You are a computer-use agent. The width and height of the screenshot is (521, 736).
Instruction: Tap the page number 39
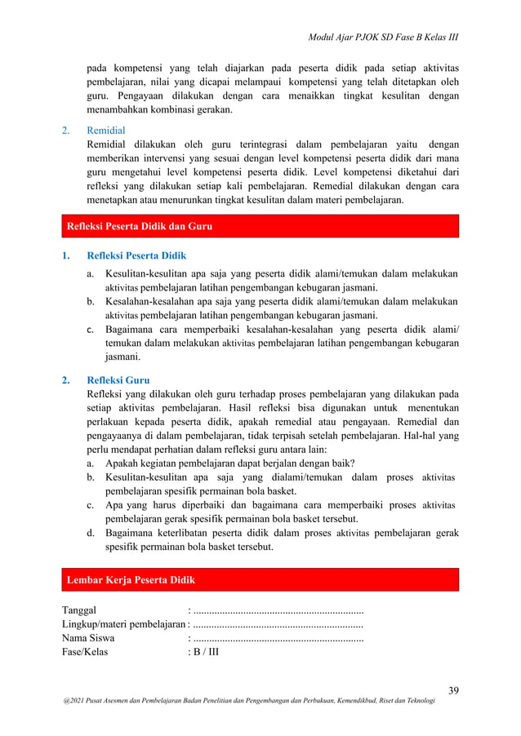[x=452, y=691]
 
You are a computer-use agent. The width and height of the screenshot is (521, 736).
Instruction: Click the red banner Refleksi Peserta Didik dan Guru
[x=139, y=226]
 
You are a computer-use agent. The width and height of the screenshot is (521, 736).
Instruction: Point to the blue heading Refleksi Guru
[x=118, y=379]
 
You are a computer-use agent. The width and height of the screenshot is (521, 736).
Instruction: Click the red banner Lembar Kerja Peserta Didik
[x=131, y=579]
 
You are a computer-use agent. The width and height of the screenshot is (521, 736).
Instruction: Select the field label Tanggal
[x=79, y=610]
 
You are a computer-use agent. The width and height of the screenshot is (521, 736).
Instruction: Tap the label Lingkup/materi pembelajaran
[x=123, y=624]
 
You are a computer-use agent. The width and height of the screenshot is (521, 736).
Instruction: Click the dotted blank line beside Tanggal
[x=278, y=610]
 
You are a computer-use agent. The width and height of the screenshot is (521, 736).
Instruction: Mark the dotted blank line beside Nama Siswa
[x=278, y=639]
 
